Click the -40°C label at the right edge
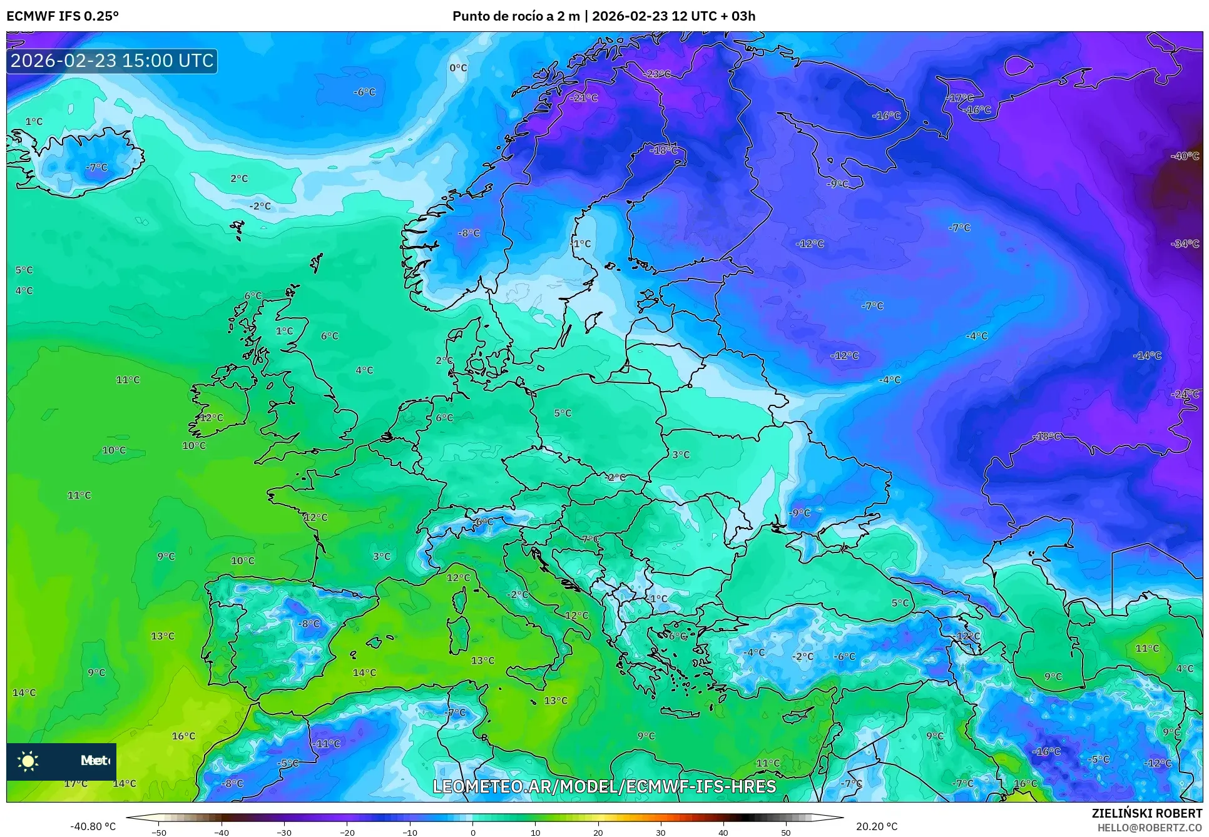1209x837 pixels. tap(1185, 156)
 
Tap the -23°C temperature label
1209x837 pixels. tap(656, 74)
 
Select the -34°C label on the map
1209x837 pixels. tap(1185, 244)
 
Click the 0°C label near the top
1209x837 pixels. tap(458, 68)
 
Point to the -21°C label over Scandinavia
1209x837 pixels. tap(584, 98)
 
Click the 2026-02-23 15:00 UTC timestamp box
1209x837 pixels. tap(112, 61)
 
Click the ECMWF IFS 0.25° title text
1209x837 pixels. tap(63, 16)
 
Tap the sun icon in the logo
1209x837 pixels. tap(28, 761)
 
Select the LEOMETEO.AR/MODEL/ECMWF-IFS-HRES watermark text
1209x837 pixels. tap(604, 786)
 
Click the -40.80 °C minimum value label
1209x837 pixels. tap(93, 826)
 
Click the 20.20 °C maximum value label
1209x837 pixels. tap(876, 826)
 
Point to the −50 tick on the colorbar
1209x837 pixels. tap(159, 833)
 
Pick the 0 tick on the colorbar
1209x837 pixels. tap(472, 833)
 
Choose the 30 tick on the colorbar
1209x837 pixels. tap(661, 833)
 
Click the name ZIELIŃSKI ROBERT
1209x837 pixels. tap(1146, 813)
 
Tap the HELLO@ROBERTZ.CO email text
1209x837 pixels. tap(1150, 828)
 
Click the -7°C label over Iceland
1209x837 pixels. tap(97, 168)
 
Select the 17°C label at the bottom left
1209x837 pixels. tap(76, 783)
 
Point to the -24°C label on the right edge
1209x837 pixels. tap(1185, 394)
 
